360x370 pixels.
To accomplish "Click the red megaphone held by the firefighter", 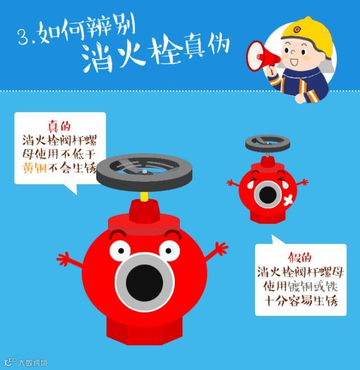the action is (262, 57).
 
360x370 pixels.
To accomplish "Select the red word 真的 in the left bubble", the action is (59, 126).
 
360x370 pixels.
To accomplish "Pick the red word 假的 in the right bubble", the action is (300, 257).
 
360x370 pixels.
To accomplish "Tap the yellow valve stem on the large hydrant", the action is (144, 197).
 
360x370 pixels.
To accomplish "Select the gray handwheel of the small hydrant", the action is (268, 143).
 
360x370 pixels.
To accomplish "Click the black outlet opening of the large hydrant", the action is (145, 283).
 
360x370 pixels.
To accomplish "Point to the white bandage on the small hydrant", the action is (288, 200).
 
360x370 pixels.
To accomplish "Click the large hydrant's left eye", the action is (120, 251).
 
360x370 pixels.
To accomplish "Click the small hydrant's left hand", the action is (232, 183).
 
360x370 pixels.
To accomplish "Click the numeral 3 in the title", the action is (24, 37).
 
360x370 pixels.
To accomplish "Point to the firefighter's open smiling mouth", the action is (294, 63).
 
